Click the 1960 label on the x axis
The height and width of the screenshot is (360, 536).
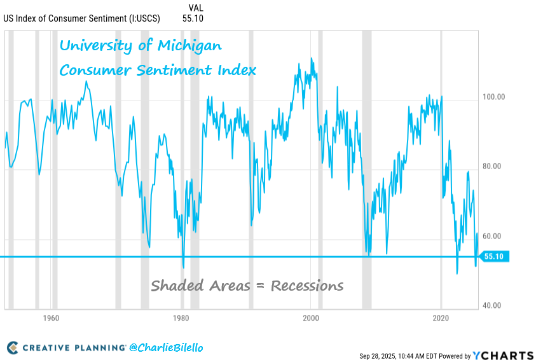pyautogui.click(x=52, y=317)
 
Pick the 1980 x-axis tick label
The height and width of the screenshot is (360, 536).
pyautogui.click(x=181, y=317)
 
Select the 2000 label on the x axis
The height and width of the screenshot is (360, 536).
pyautogui.click(x=311, y=317)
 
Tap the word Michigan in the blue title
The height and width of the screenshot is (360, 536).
pyautogui.click(x=189, y=46)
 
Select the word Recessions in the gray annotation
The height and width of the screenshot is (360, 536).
pyautogui.click(x=307, y=286)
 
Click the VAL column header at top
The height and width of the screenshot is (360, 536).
pyautogui.click(x=196, y=8)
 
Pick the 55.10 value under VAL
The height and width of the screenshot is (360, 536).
pyautogui.click(x=193, y=18)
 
